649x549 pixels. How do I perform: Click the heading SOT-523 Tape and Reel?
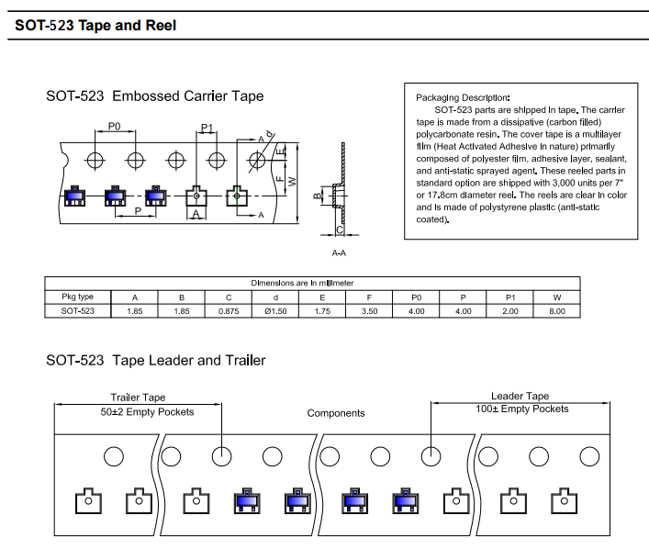(x=95, y=26)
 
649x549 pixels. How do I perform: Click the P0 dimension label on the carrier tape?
(x=115, y=126)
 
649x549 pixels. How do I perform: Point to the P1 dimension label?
(x=207, y=128)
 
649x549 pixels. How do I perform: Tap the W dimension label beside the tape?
(x=293, y=181)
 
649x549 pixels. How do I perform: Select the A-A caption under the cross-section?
(x=339, y=252)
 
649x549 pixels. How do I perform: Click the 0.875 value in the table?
(x=229, y=311)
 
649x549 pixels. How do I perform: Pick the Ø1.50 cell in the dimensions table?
(x=275, y=311)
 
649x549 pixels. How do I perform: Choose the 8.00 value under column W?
(x=557, y=311)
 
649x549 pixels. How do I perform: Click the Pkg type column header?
(x=78, y=297)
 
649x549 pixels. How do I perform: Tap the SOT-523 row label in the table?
(x=78, y=311)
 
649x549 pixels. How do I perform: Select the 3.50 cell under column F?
(x=370, y=311)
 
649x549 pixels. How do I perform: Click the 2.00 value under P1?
(x=510, y=311)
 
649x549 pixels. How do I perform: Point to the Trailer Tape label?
(x=138, y=398)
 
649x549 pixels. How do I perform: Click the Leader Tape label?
(x=520, y=397)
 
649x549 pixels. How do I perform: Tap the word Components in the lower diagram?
(x=335, y=413)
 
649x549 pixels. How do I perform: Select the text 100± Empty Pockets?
(x=521, y=409)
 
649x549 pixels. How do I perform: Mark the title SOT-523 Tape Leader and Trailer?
(x=156, y=361)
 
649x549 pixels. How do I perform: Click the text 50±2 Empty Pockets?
(x=147, y=411)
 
